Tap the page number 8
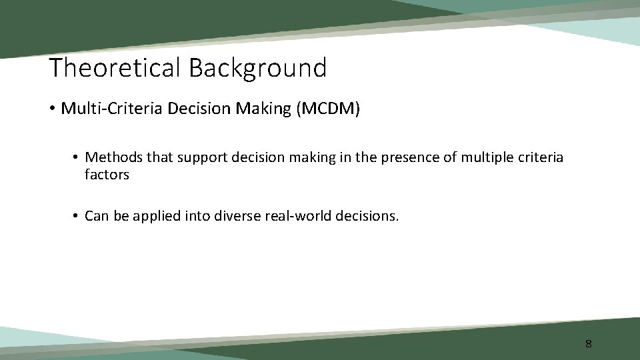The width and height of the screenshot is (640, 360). click(588, 344)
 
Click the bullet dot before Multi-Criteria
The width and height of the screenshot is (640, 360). click(53, 109)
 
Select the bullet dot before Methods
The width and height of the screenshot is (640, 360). click(77, 157)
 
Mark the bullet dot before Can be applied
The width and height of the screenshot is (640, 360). click(77, 216)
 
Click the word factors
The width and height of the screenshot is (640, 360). click(107, 175)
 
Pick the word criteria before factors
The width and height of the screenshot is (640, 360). click(539, 157)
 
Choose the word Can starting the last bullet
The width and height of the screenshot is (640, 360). click(97, 216)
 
